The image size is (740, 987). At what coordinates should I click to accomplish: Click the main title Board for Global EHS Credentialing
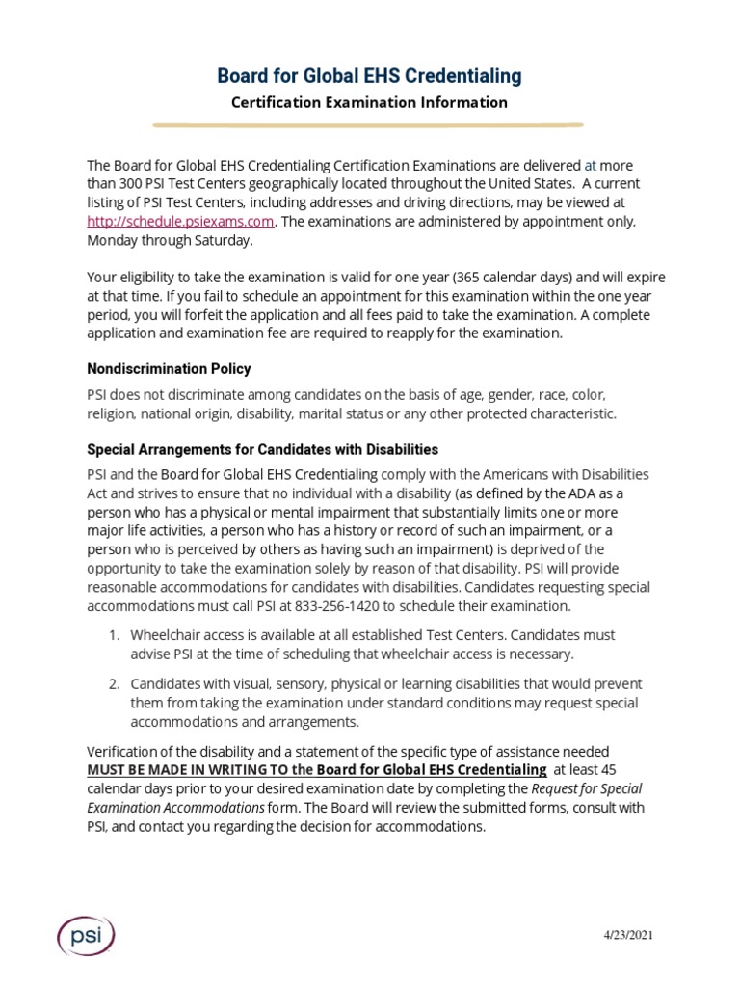tap(369, 75)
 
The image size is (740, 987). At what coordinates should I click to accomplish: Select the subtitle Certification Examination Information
tap(369, 102)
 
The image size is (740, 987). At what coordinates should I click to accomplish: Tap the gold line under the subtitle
tap(369, 124)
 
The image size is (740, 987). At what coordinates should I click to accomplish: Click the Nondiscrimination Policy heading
tap(169, 369)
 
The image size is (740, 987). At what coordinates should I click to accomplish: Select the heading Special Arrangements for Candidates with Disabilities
tap(262, 449)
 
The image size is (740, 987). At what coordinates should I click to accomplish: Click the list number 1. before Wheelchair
tap(113, 635)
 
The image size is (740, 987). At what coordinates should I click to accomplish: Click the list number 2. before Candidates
tap(113, 683)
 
